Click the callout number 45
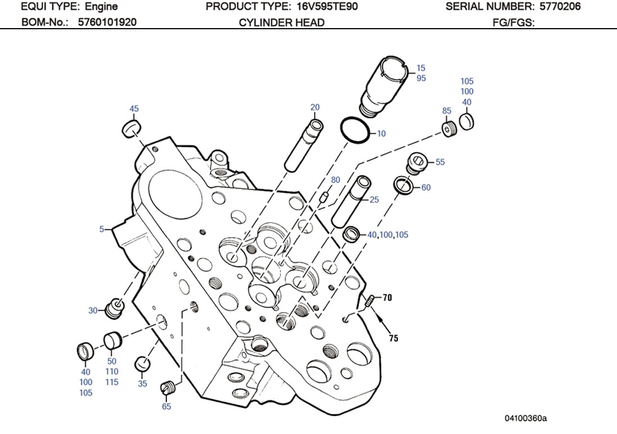134,108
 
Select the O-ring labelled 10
355,130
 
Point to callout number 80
335,180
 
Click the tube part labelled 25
350,200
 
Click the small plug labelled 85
447,130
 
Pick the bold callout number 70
388,298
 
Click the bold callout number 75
394,338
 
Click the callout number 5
102,229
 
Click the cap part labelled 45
131,128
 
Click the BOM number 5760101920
107,22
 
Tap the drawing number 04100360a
525,418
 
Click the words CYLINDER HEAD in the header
282,22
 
